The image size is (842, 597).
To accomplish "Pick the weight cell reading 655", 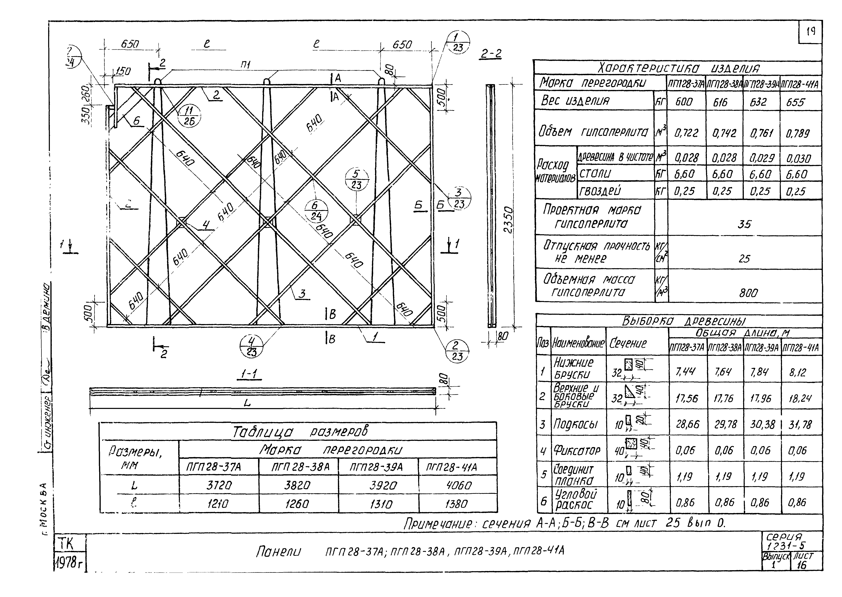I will [x=795, y=102].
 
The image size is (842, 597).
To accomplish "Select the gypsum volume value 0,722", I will [x=686, y=133].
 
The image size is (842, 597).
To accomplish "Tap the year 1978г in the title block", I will [x=68, y=561].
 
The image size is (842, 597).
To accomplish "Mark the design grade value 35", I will [x=744, y=224].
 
